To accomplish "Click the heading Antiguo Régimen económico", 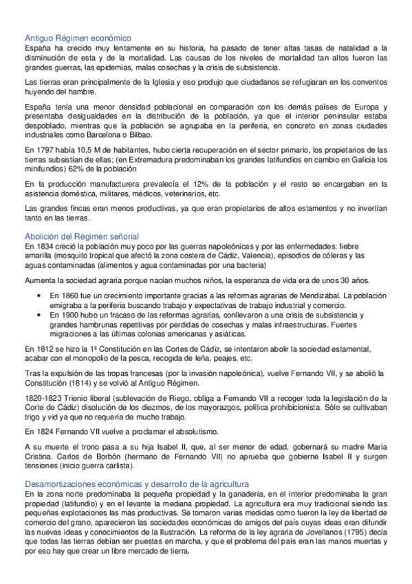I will (x=78, y=38).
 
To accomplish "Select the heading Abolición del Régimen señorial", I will (x=82, y=236).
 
